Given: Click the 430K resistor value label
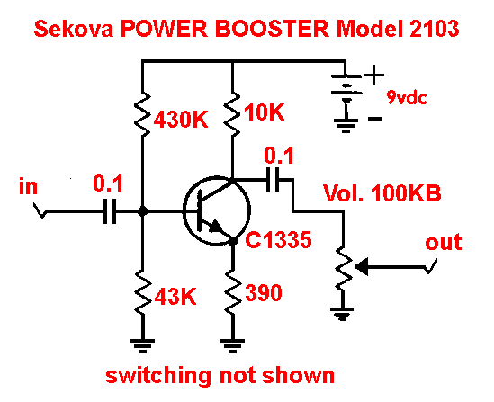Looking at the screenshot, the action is click(x=181, y=119).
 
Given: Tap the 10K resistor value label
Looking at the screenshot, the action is click(x=264, y=112).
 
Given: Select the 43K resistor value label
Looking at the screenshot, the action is click(x=175, y=297).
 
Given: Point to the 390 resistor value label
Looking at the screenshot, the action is click(x=264, y=292).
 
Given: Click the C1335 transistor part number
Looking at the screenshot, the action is click(x=279, y=240).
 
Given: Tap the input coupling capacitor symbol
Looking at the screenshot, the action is click(x=110, y=211).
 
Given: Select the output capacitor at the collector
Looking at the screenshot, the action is click(x=273, y=180).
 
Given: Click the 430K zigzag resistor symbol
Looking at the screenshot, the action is click(x=142, y=114).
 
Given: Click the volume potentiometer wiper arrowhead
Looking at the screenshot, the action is click(x=361, y=267).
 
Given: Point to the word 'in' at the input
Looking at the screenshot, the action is click(x=29, y=186).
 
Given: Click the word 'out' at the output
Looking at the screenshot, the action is click(x=444, y=243).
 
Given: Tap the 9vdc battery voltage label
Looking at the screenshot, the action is click(x=407, y=98).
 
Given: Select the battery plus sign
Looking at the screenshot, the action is click(x=374, y=76).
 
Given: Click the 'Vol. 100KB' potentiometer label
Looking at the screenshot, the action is click(x=382, y=193).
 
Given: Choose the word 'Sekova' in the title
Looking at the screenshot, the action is click(x=74, y=29).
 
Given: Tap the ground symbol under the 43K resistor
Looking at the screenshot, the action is click(x=142, y=345).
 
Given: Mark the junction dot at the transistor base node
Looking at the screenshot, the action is click(x=142, y=211).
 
